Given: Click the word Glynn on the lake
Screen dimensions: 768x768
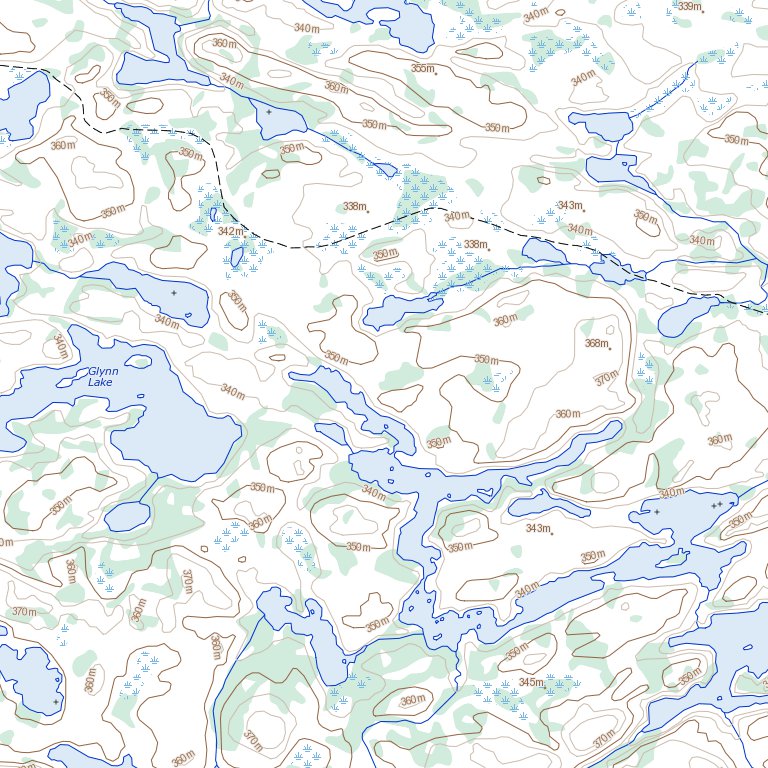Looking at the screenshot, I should point(103,371).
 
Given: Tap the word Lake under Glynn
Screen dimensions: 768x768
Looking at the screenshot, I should point(101,382).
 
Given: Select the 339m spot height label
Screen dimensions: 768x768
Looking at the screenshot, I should point(688,6).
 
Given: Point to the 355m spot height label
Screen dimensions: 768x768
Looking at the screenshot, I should point(423,68).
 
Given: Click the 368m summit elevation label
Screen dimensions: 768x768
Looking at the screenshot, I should point(596,344).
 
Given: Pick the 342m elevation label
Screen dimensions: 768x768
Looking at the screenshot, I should point(230,231).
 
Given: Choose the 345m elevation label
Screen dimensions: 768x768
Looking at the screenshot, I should point(531,682).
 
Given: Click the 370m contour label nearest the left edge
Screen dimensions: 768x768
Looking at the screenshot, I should point(24,611).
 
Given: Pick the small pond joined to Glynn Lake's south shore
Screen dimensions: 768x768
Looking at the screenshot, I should point(127,517).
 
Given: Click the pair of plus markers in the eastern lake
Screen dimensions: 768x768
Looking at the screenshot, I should point(716,505).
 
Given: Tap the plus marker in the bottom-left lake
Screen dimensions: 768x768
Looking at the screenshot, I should point(56,702).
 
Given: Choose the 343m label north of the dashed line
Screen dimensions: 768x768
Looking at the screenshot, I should point(569,205).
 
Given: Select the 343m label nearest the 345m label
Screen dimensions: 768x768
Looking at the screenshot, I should point(537,528).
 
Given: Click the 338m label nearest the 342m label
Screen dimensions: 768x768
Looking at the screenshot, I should point(354,206).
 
